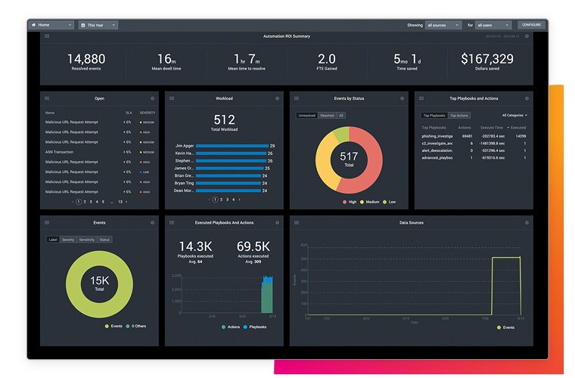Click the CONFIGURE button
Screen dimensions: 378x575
(531, 25)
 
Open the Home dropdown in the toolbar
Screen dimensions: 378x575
(51, 25)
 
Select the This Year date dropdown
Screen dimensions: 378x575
(98, 25)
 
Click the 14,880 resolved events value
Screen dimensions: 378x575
(86, 59)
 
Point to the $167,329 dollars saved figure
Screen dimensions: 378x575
(486, 59)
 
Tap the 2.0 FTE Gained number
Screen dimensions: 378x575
(326, 59)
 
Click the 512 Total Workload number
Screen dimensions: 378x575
(224, 119)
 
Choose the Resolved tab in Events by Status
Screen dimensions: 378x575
(327, 116)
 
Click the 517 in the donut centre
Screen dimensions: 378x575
(349, 156)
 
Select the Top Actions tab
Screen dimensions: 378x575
(458, 116)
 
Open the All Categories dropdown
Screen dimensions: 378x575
(514, 116)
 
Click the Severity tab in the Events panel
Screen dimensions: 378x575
(68, 240)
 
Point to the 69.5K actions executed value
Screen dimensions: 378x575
(253, 246)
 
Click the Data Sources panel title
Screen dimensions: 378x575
(411, 223)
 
